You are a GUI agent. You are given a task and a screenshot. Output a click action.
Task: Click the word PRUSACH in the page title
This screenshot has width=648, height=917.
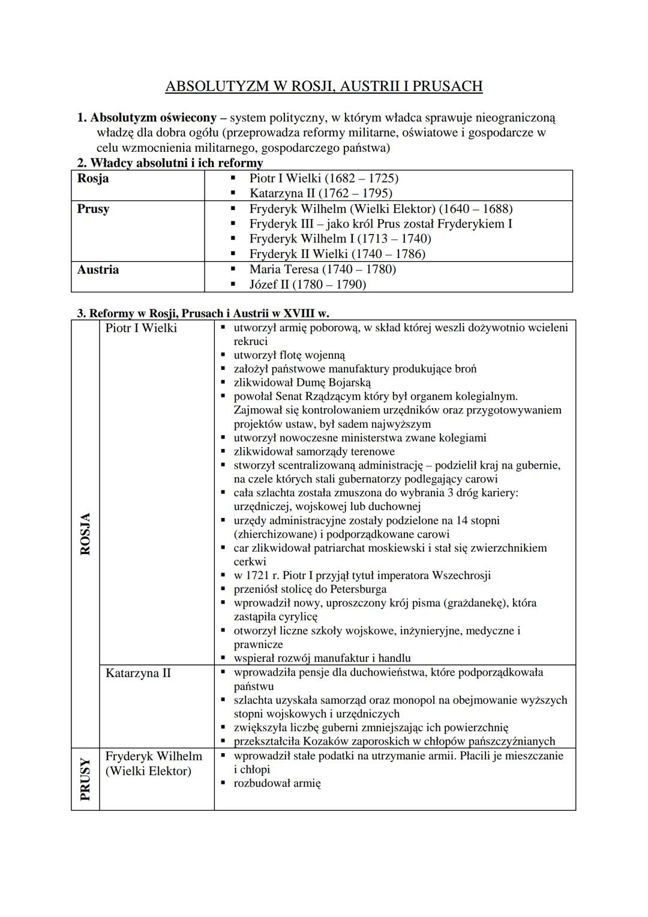448,86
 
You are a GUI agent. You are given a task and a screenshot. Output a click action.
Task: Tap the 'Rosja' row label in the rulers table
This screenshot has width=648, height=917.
93,179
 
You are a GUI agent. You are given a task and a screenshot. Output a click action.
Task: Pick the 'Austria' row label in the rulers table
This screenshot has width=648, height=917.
98,269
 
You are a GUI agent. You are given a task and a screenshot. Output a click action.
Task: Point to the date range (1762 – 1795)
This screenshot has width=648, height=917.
355,193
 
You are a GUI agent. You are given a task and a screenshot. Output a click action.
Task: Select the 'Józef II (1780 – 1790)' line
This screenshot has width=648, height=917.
307,284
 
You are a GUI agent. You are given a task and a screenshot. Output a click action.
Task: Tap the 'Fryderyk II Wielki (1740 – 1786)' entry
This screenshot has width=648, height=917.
337,254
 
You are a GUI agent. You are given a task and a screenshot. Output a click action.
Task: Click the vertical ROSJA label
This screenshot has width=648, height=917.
85,534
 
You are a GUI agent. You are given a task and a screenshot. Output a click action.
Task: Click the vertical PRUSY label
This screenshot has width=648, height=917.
85,779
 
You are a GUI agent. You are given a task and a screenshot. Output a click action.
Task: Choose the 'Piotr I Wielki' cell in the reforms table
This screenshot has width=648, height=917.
141,328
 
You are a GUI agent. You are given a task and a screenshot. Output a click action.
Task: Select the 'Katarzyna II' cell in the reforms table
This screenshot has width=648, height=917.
138,673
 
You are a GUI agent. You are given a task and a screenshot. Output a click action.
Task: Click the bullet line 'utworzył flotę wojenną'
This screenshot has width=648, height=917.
289,355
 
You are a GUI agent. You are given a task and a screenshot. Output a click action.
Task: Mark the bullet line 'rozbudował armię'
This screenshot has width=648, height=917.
277,783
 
